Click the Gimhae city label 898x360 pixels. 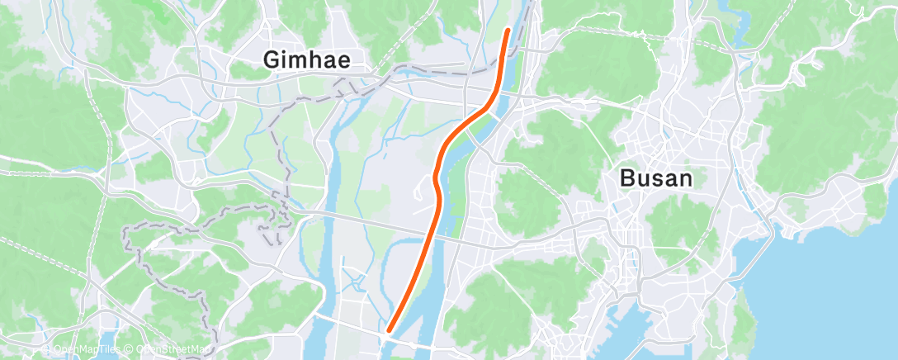(306, 60)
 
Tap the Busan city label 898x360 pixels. (656, 178)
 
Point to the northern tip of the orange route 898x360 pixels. (508, 30)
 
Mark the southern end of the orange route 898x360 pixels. (388, 332)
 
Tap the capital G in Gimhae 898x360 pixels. (272, 60)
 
